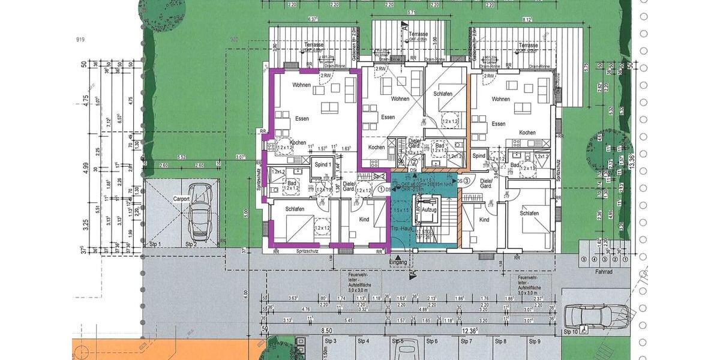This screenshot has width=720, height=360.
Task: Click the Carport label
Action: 182,199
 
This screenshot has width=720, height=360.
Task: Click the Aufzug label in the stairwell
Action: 429,209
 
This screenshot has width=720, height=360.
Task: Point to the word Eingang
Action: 398,262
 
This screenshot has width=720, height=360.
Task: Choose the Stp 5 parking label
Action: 398,341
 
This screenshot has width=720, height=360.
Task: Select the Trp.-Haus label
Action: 400,230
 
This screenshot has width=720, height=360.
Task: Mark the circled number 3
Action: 466,181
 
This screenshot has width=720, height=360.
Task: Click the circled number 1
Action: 381,190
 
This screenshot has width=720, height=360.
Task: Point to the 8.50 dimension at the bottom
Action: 326,330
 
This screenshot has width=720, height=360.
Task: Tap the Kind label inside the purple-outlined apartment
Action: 364,220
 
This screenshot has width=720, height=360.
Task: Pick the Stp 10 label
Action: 571,331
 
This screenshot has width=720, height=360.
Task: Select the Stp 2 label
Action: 191,244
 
